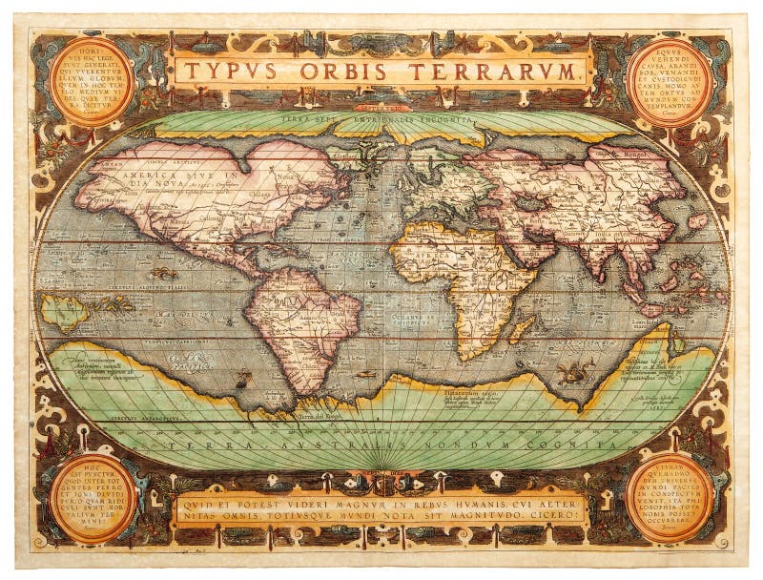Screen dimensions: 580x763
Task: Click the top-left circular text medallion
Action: (92, 82)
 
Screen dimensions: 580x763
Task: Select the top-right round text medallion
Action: (670, 82)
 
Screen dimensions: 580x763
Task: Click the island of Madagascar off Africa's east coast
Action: (520, 330)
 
